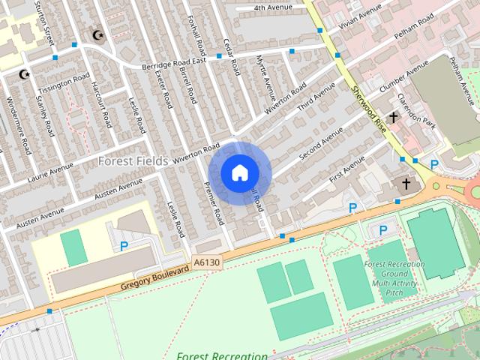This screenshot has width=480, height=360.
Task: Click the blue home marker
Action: (239, 172)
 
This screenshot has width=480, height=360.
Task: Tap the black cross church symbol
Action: (406, 183)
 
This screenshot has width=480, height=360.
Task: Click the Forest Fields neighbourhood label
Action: (133, 160)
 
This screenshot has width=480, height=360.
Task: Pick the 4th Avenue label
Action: (271, 8)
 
